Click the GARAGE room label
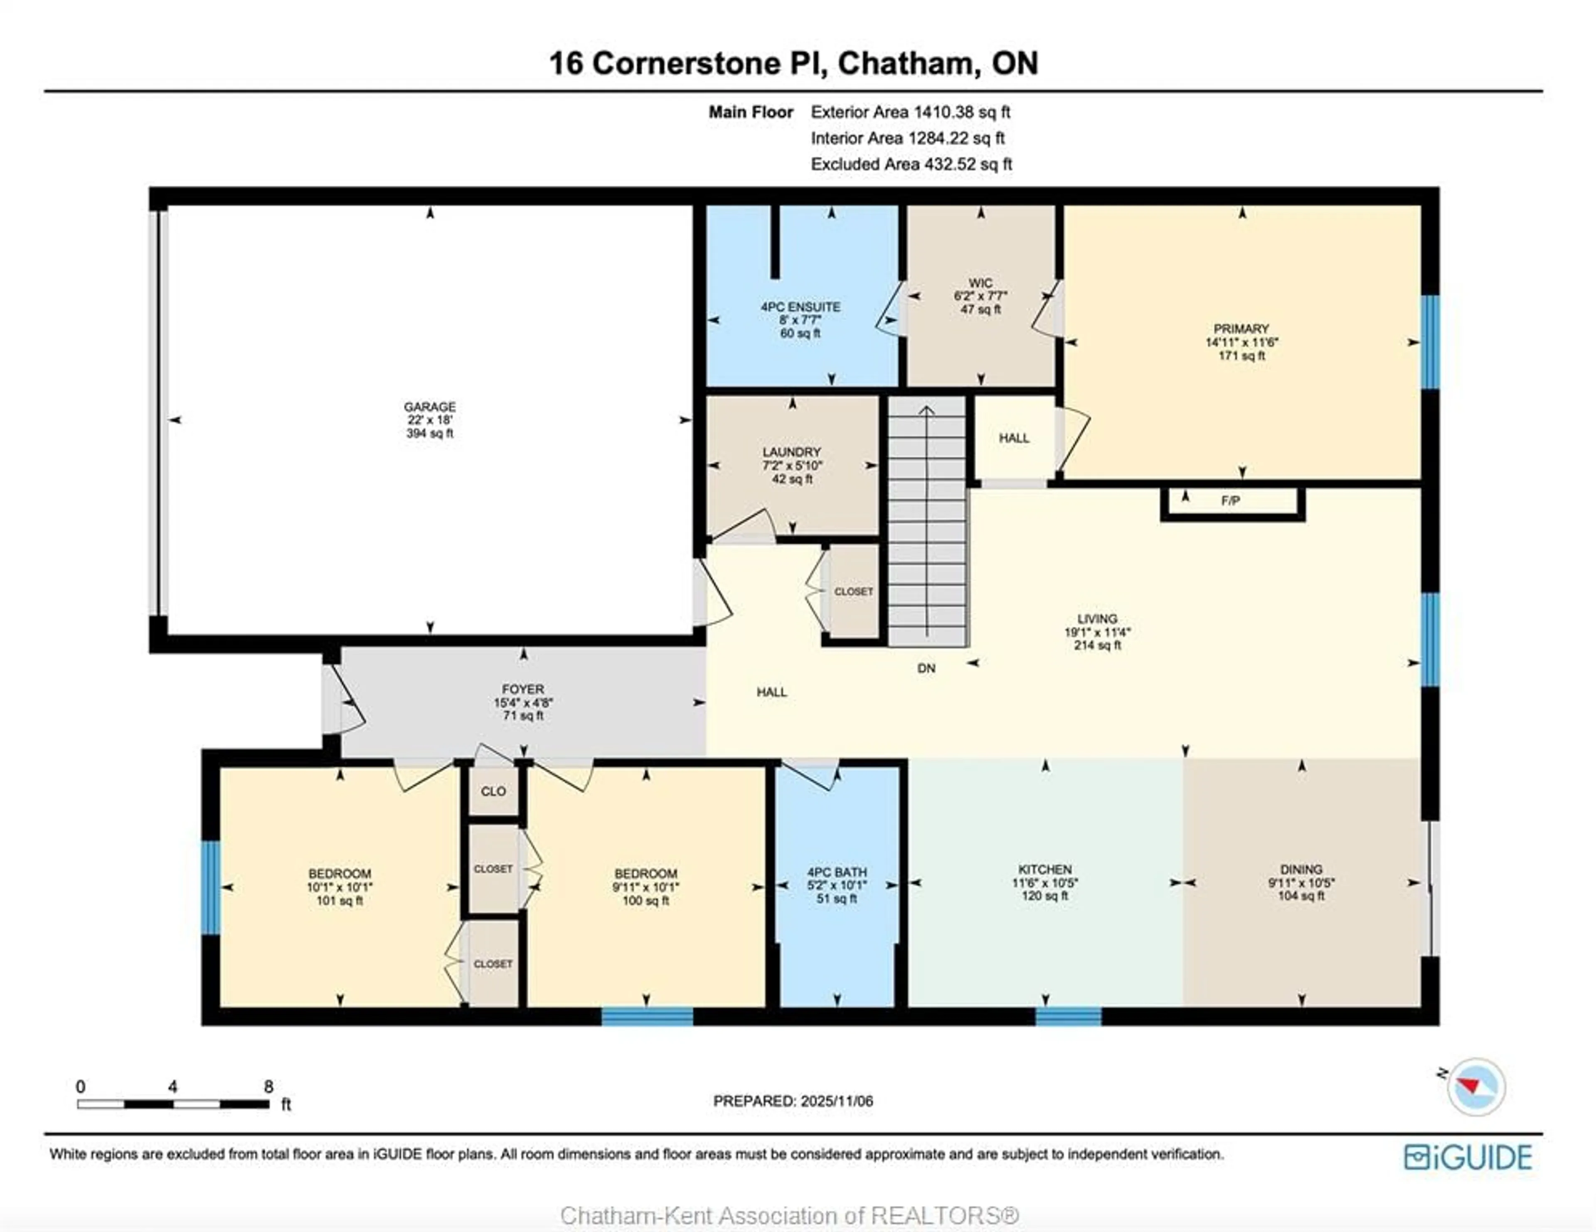click(430, 406)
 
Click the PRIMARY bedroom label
click(1241, 329)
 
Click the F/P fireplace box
click(1231, 501)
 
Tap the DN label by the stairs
click(926, 668)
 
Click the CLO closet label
click(493, 791)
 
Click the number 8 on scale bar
click(268, 1087)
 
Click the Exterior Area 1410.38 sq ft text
click(911, 112)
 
